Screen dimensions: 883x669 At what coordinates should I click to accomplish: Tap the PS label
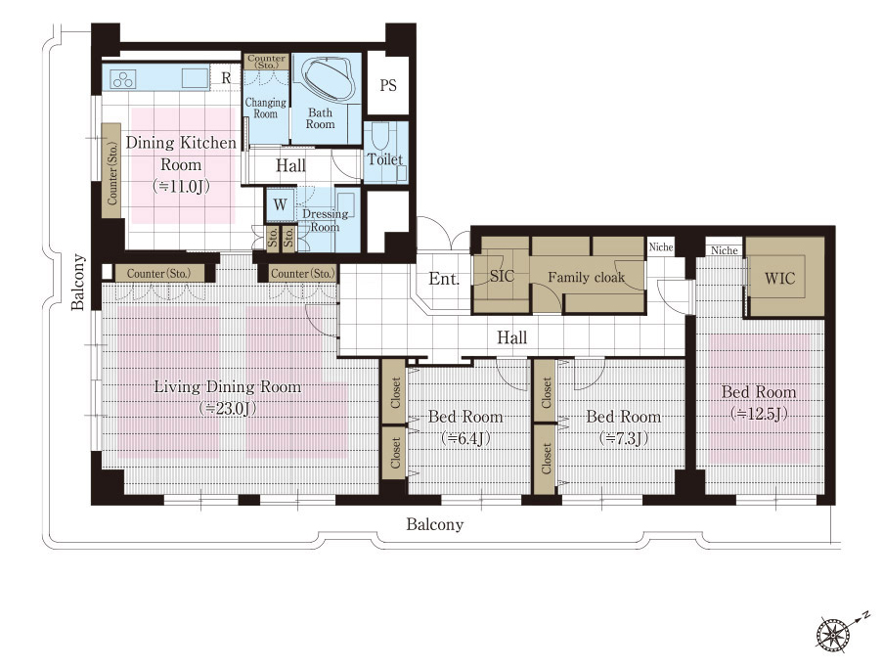click(x=388, y=86)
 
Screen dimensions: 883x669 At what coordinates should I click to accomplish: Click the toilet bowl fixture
click(x=381, y=135)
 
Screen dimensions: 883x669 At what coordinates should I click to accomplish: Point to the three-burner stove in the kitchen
click(x=123, y=79)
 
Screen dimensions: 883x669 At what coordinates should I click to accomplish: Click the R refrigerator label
click(x=227, y=77)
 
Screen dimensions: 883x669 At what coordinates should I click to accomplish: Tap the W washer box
click(x=280, y=205)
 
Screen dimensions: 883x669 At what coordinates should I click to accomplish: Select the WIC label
click(x=779, y=278)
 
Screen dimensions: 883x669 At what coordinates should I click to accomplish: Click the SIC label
click(x=502, y=276)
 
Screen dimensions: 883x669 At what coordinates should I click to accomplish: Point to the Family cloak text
click(x=587, y=277)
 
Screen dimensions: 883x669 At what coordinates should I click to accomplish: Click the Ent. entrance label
click(x=444, y=279)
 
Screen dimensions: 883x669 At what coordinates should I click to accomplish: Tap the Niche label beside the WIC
click(x=725, y=250)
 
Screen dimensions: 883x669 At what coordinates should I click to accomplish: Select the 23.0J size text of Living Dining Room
click(x=228, y=409)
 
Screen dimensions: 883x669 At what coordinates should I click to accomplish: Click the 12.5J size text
click(x=759, y=414)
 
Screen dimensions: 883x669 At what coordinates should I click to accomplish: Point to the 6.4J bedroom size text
click(x=465, y=437)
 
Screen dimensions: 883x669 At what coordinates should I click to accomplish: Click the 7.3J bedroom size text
click(x=624, y=437)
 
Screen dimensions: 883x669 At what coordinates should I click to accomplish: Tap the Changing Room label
click(x=265, y=108)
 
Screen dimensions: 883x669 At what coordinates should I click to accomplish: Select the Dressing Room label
click(x=325, y=220)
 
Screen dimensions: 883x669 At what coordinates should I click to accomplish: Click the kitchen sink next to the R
click(x=196, y=77)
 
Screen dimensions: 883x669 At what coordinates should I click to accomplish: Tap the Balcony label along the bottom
click(x=435, y=525)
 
